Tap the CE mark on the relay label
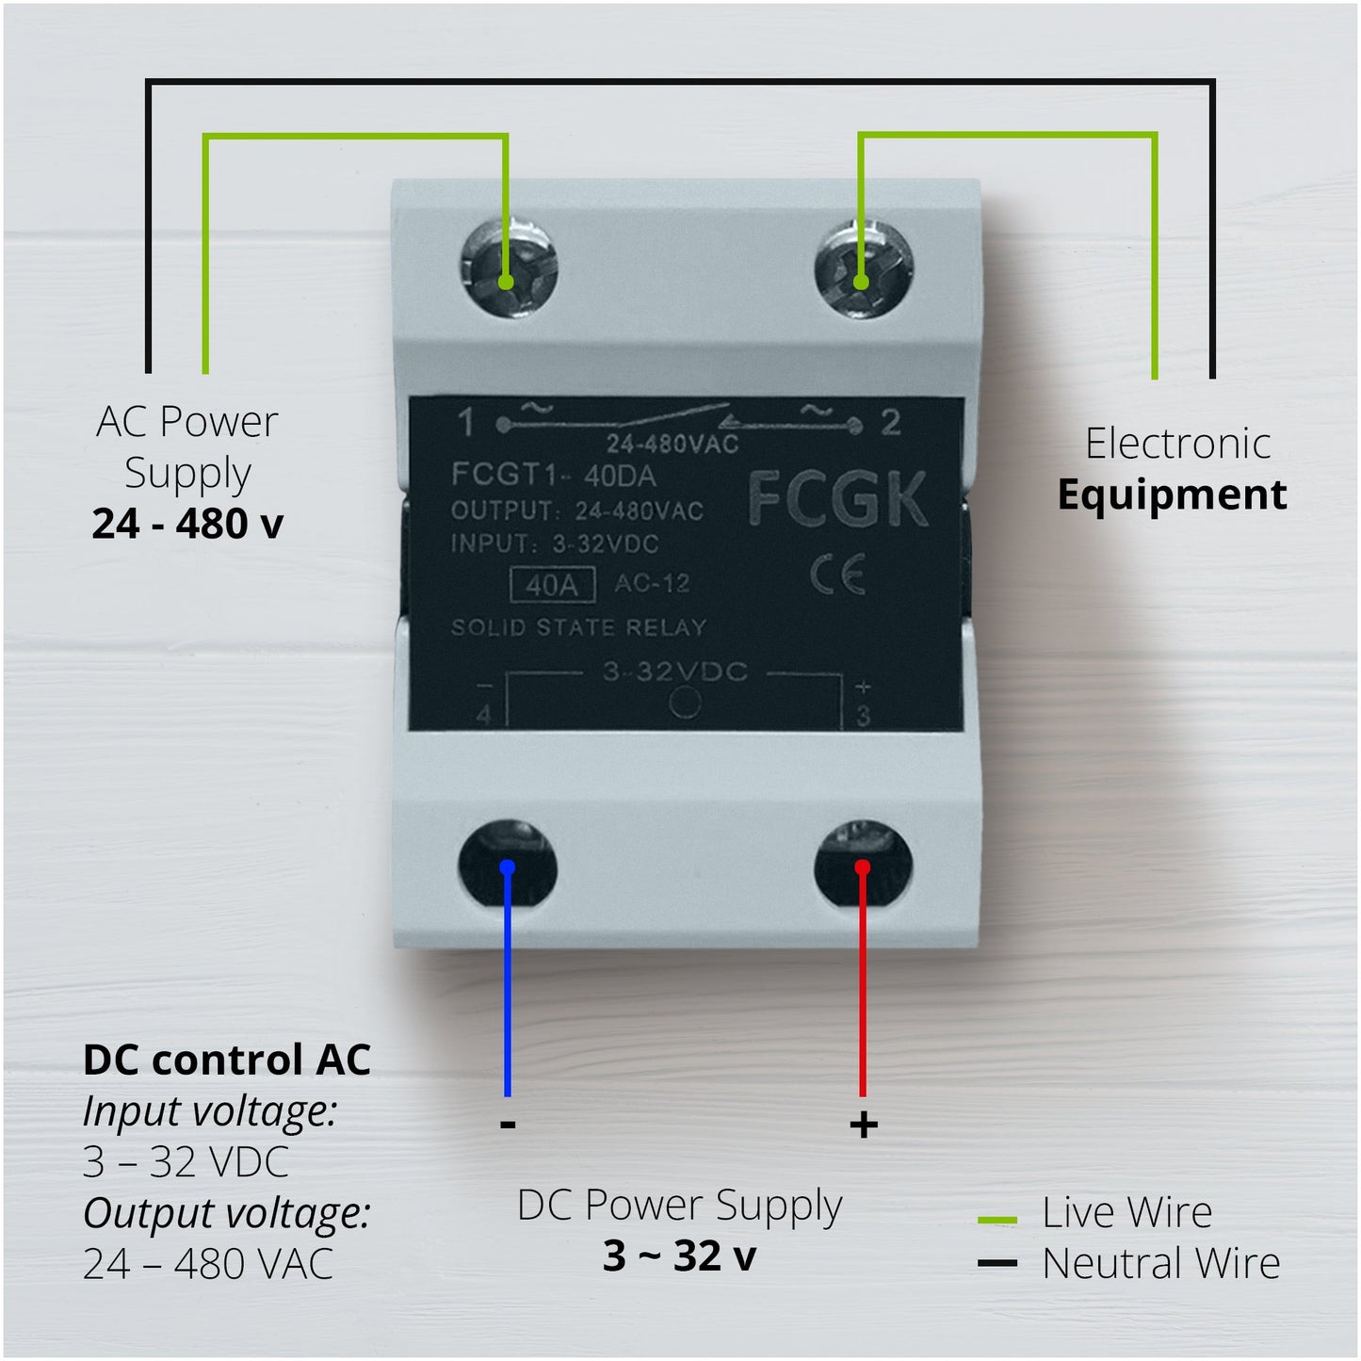coord(837,575)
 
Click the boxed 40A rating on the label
coord(552,585)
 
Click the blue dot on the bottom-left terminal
coord(508,867)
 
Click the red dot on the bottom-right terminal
coord(862,867)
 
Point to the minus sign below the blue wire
coord(508,1124)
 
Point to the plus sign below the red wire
coord(863,1125)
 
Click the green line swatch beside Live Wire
coord(997,1220)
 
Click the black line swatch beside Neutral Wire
coord(997,1263)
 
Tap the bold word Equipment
coord(1172,494)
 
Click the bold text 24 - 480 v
coord(187,524)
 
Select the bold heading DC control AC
coord(227,1060)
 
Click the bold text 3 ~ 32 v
coord(679,1256)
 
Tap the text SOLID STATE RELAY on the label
coord(578,627)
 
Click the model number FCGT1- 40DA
coord(553,475)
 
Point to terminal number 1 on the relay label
coord(466,424)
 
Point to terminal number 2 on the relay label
coord(890,423)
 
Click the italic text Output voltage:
coord(226,1212)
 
